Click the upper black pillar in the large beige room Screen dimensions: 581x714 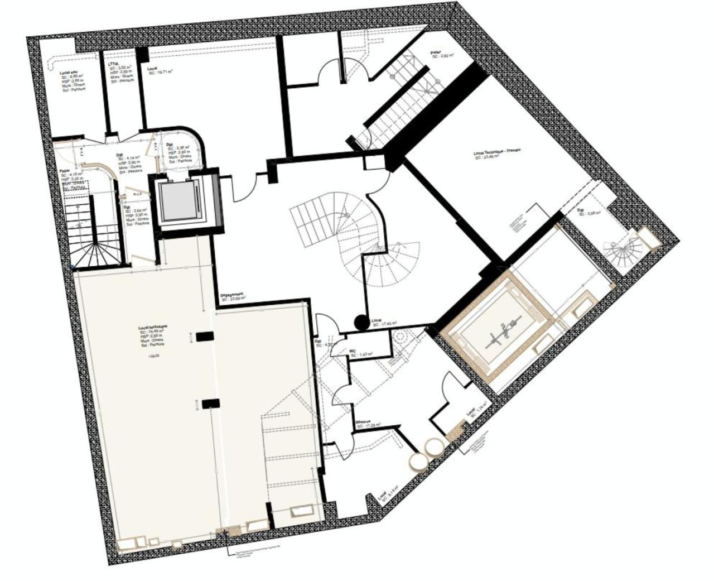(205, 336)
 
